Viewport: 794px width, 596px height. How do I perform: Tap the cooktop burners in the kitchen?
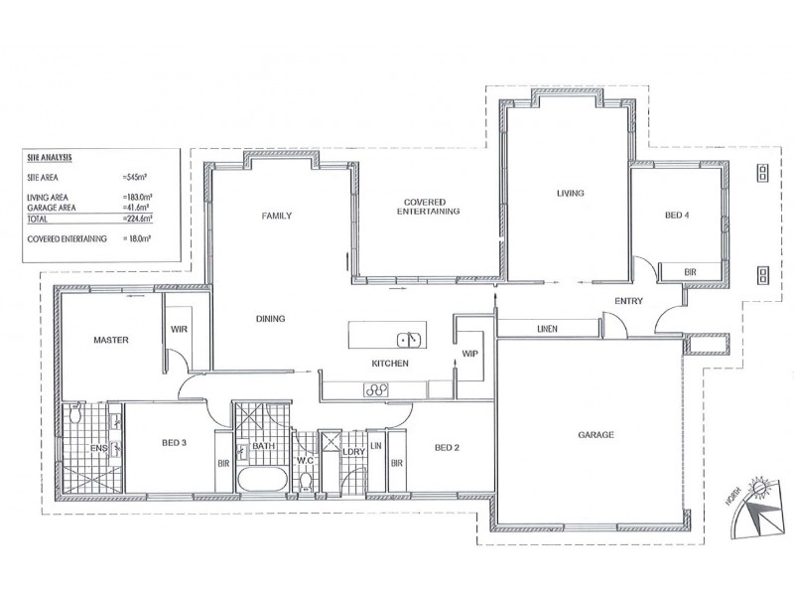tap(376, 390)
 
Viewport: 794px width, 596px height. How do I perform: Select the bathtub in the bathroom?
tap(262, 480)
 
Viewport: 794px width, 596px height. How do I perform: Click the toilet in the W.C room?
tap(305, 481)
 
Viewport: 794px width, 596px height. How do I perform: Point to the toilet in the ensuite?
tap(76, 413)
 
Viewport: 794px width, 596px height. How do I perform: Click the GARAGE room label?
tap(595, 435)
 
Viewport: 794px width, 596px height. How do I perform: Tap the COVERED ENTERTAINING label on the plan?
tap(428, 207)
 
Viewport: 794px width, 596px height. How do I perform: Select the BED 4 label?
tap(677, 216)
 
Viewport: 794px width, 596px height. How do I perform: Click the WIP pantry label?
tap(469, 354)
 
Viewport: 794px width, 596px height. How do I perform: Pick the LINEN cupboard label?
tap(547, 329)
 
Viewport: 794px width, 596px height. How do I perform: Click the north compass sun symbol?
tap(759, 489)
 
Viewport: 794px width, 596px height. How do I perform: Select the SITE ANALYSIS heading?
tap(50, 158)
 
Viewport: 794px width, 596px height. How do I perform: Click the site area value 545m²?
tap(134, 178)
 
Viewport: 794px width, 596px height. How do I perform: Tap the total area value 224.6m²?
tap(137, 219)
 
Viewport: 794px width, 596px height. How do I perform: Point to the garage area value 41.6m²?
tap(136, 208)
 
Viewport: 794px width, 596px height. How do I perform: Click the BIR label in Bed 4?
tap(690, 272)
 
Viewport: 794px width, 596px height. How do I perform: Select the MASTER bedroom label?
tap(111, 340)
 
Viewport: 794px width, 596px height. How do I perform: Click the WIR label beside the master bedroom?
tap(179, 329)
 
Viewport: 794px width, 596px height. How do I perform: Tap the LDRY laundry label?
tap(354, 452)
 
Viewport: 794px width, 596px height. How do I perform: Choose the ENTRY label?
tap(628, 301)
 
